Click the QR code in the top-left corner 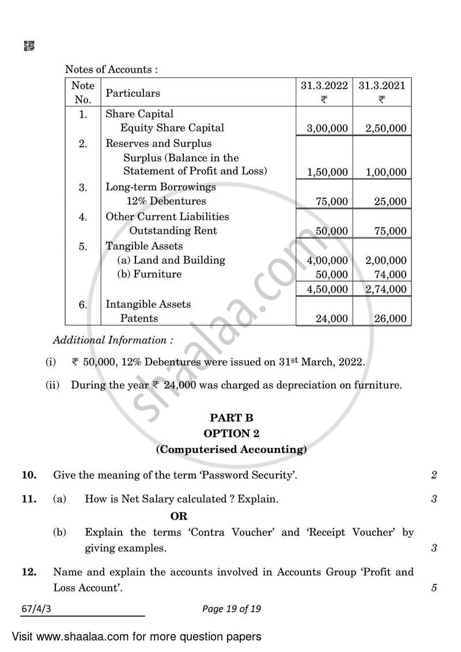pos(28,46)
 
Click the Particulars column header pos(133,93)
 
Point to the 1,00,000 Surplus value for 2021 pos(386,172)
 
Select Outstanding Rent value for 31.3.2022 pos(332,231)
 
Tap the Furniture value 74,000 pos(390,275)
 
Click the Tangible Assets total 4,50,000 pos(327,289)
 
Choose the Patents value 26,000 pos(390,318)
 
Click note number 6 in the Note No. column pos(83,305)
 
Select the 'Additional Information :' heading pos(113,341)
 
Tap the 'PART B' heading pos(231,418)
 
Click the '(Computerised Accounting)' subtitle pos(231,449)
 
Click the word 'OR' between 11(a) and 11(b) pos(179,516)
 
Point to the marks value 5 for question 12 pos(433,588)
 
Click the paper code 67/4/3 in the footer pos(35,609)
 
